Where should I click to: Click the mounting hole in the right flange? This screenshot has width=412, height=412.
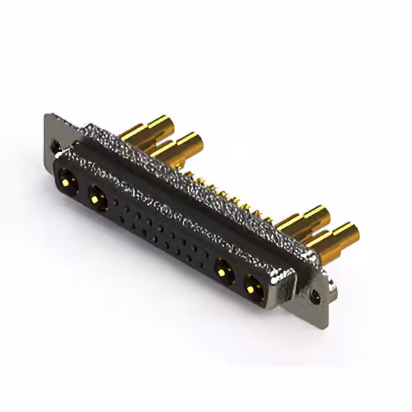[x=315, y=297]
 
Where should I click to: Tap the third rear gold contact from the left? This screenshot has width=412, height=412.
[x=303, y=220]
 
